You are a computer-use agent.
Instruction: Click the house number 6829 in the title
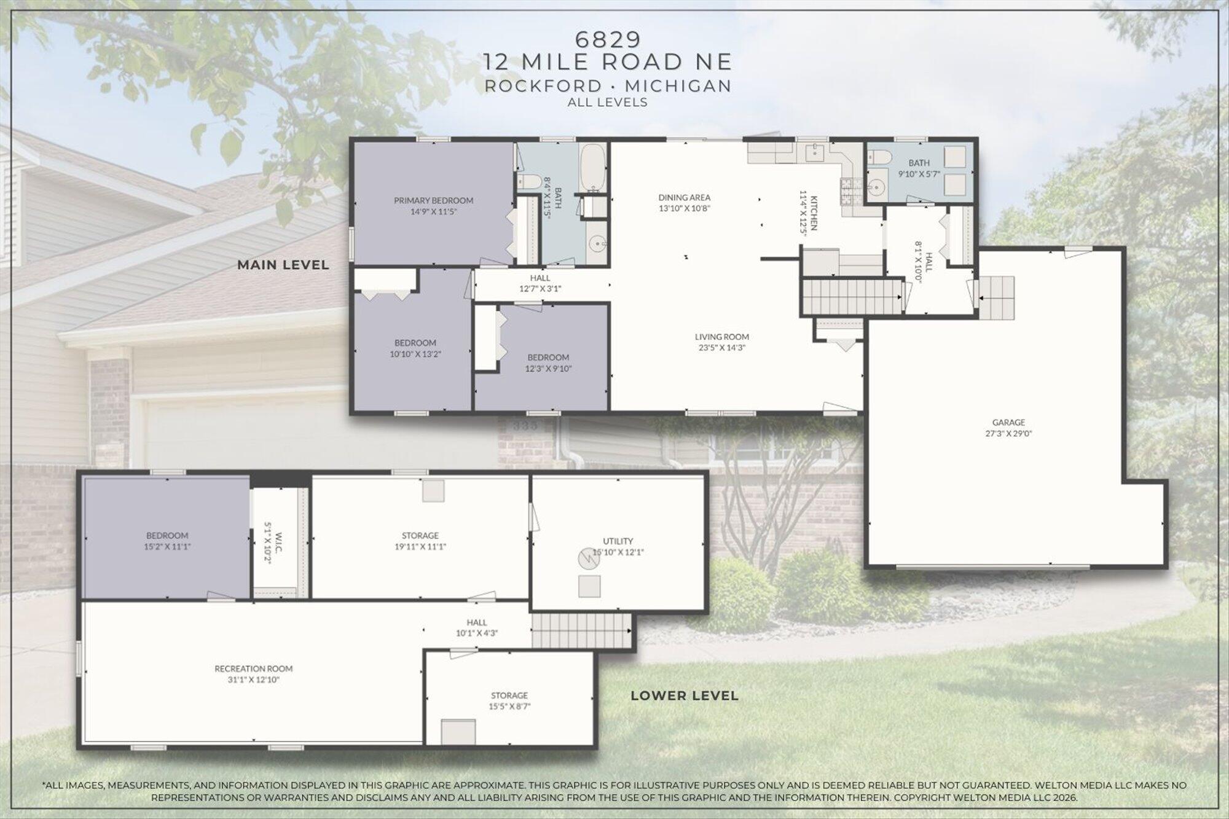(608, 39)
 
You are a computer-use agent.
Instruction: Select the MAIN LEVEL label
(283, 265)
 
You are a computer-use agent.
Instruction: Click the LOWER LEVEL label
(685, 696)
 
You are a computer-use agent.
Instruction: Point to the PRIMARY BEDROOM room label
(434, 200)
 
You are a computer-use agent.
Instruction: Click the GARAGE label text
(1008, 422)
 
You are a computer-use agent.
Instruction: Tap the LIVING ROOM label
(722, 337)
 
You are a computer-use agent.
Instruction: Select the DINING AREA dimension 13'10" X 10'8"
(685, 208)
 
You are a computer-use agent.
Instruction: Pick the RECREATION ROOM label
(254, 668)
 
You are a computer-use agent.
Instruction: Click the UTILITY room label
(618, 541)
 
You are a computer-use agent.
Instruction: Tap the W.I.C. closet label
(278, 541)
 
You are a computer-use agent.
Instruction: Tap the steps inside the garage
(996, 298)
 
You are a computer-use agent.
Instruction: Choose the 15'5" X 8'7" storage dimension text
(509, 707)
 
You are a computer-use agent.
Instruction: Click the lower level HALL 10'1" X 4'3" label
(477, 628)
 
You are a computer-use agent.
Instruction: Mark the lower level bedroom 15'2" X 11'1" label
(167, 541)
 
